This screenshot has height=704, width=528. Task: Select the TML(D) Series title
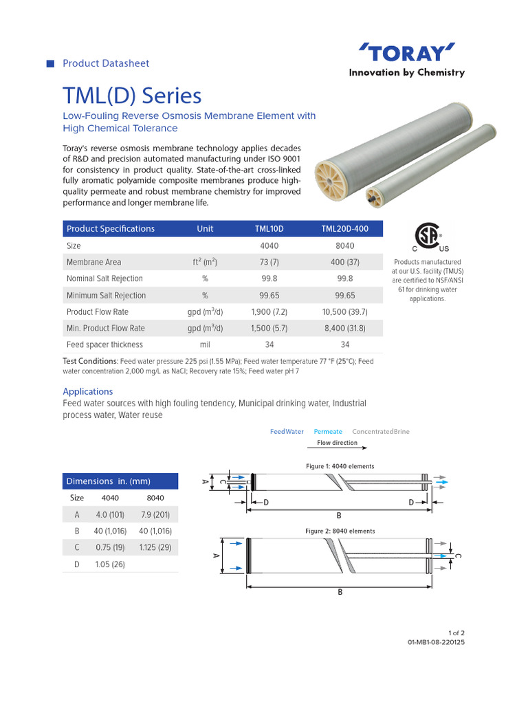pos(132,96)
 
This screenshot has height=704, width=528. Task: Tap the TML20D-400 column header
pos(345,229)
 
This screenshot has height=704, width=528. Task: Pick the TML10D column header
pos(269,229)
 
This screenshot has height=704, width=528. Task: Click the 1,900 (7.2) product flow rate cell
pos(269,311)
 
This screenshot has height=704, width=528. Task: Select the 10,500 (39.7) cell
pos(345,311)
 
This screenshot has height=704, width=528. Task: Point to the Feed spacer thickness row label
pos(104,344)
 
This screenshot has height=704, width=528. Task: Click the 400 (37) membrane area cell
pos(345,262)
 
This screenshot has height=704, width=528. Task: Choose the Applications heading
pos(88,391)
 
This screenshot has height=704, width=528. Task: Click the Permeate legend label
pos(328,432)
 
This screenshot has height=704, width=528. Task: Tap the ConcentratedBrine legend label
pos(380,432)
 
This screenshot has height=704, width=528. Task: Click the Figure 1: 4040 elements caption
pos(340,466)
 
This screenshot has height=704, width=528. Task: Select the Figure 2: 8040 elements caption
pos(340,531)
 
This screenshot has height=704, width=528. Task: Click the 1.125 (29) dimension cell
pos(155,547)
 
